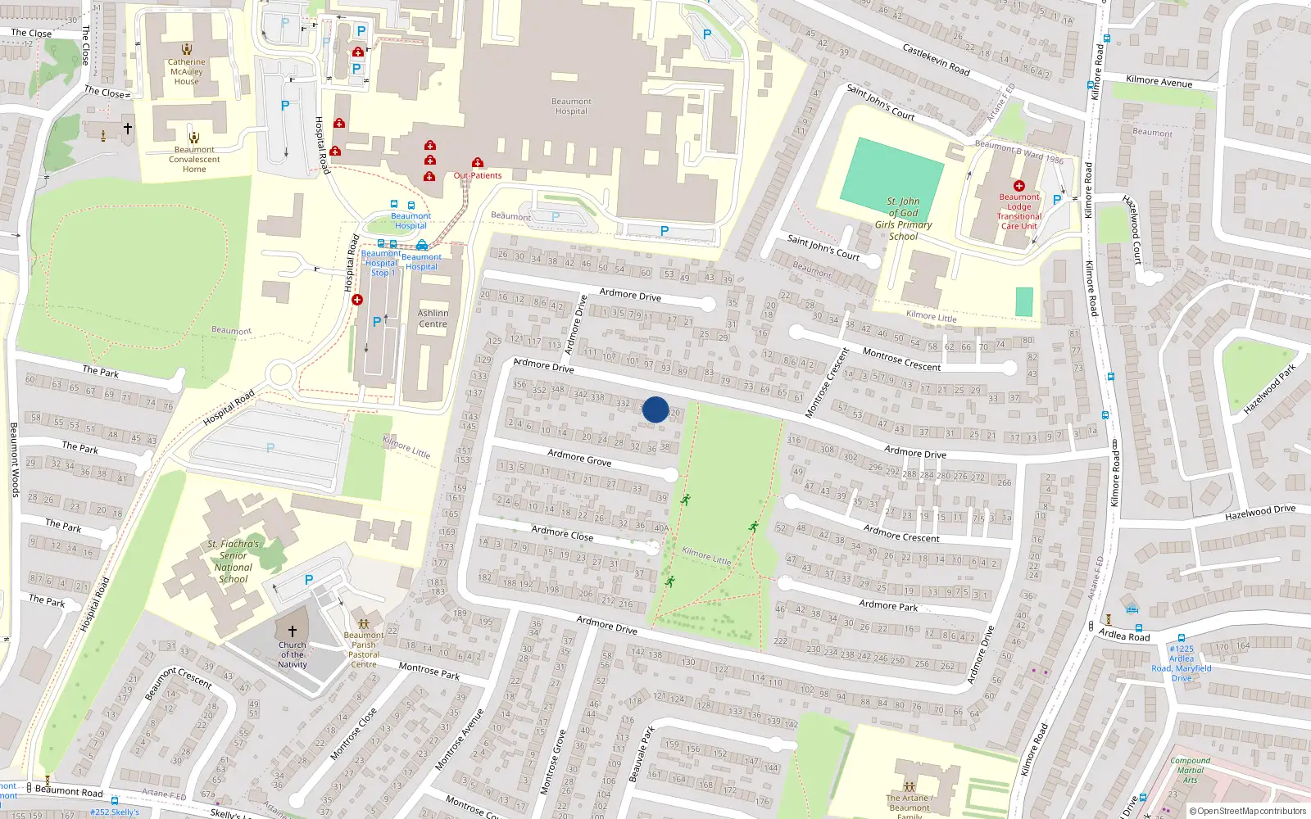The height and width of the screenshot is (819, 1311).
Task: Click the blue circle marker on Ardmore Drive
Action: (x=655, y=409)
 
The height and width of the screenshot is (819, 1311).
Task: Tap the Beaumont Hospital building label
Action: (x=571, y=106)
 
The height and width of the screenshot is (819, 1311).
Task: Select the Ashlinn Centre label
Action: (x=433, y=319)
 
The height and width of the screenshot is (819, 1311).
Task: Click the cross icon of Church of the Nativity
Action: (x=293, y=631)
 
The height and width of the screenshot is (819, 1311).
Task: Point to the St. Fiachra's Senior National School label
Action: (x=234, y=562)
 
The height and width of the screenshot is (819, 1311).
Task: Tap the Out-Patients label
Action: (x=478, y=175)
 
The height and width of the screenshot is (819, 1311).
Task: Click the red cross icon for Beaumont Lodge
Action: (x=1018, y=186)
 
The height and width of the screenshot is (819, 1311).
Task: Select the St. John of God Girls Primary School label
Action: (x=903, y=219)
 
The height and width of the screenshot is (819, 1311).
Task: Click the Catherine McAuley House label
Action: (x=187, y=72)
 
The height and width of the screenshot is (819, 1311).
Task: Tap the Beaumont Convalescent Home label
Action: (x=194, y=160)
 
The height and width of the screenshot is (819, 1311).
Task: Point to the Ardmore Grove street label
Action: (x=579, y=458)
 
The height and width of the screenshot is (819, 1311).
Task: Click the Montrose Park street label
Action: (x=429, y=671)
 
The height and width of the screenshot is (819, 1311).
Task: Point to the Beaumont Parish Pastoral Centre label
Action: (x=364, y=649)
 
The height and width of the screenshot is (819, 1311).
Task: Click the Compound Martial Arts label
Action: (x=1190, y=770)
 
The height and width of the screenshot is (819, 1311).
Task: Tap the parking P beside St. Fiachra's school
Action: (x=309, y=580)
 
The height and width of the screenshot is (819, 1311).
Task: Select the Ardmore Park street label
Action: (x=888, y=605)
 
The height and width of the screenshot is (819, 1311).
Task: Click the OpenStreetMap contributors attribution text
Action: (x=1247, y=811)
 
